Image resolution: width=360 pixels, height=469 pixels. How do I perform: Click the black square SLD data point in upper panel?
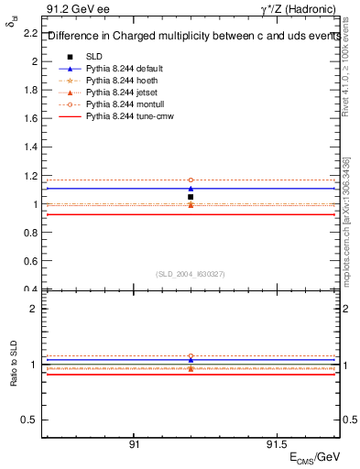coord(191,197)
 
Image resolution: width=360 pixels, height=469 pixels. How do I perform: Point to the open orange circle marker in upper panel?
coord(191,180)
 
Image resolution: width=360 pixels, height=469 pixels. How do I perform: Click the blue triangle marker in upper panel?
coord(191,189)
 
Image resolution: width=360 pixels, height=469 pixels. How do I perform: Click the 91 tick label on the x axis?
coord(134,443)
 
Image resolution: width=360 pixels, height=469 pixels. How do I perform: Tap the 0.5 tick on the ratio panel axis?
coord(30,420)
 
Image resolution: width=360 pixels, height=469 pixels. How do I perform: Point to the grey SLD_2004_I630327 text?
coord(191,274)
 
